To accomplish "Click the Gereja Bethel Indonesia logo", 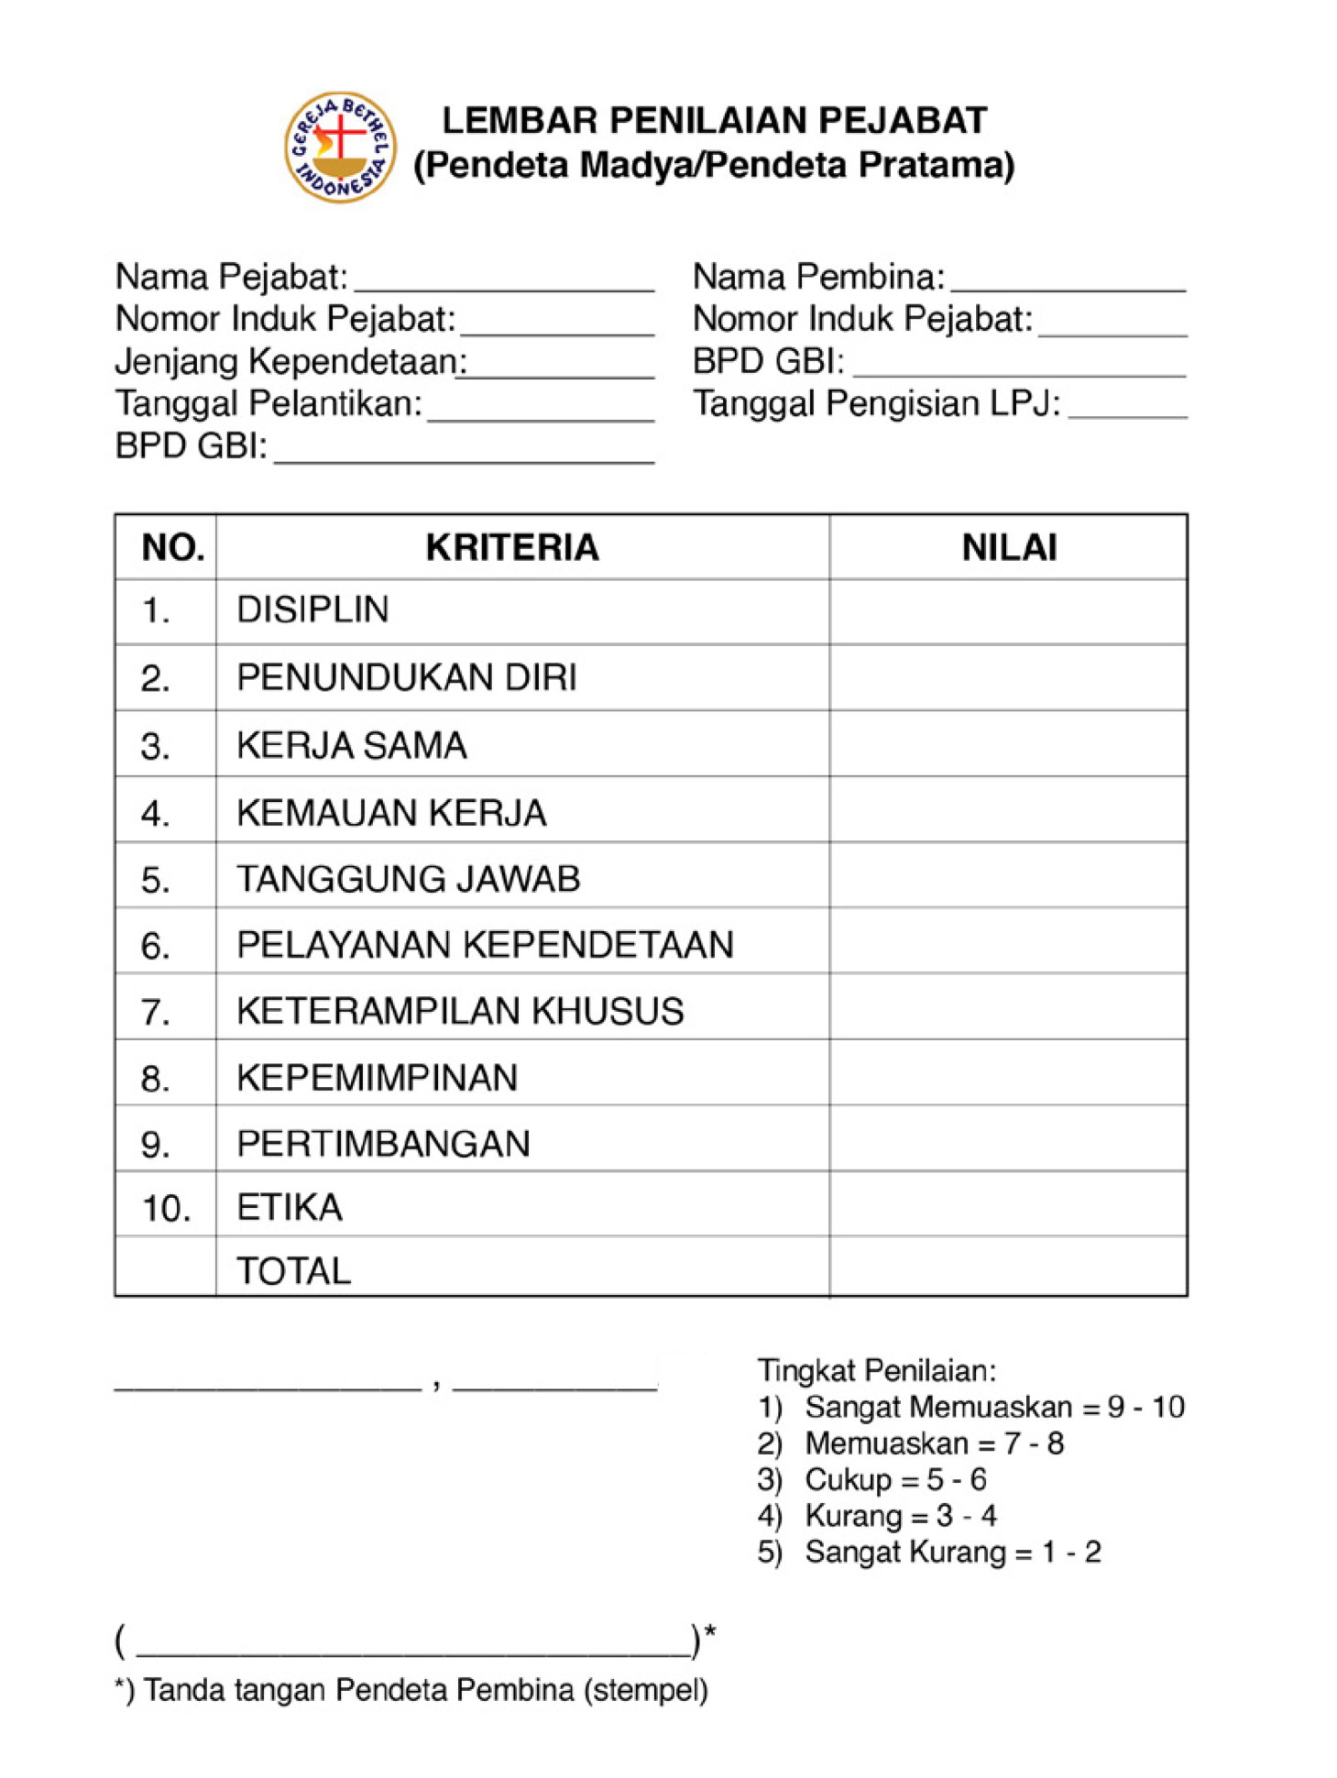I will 340,148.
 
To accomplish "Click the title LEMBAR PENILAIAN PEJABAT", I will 714,121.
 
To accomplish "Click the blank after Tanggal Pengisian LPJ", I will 1127,409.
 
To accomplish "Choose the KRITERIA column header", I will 512,547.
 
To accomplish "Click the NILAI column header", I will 1009,547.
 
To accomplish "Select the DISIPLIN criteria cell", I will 313,610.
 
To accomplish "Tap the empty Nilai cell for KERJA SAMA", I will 1008,743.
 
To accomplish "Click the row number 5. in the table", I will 156,880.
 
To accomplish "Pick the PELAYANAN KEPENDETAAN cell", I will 485,945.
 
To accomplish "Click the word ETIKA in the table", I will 290,1208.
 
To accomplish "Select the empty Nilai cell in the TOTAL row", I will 1008,1267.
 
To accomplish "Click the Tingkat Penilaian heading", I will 876,1370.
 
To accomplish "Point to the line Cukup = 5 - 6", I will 895,1479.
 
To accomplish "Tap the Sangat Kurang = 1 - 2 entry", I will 952,1552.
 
